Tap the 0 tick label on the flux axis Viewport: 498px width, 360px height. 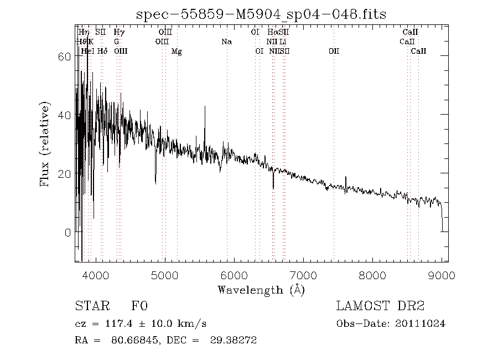(x=68, y=232)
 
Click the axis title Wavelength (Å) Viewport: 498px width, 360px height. (x=261, y=290)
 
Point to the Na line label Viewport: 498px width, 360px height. (x=226, y=42)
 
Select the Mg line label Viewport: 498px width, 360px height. (x=177, y=52)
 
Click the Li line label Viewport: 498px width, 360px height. (x=283, y=42)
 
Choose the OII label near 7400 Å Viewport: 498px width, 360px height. (x=334, y=52)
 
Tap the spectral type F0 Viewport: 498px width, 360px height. (x=139, y=306)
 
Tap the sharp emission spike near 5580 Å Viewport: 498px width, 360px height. (x=205, y=108)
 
